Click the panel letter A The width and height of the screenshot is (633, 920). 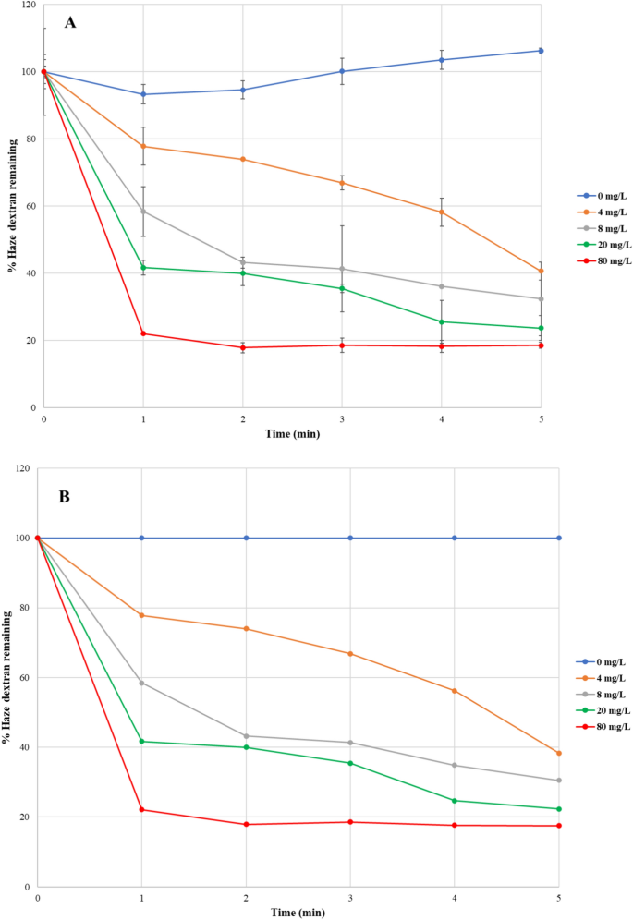pos(69,24)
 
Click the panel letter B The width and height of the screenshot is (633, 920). pos(65,496)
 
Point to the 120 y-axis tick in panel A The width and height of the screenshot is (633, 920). pos(29,5)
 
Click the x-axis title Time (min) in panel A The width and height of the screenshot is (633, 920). pos(292,432)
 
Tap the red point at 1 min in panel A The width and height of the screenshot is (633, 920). pos(142,333)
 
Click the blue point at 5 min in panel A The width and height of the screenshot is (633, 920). pos(541,51)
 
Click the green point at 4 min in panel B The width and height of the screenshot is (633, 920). pos(455,801)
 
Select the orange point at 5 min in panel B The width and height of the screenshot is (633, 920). pos(559,754)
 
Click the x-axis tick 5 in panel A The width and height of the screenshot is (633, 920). pos(541,418)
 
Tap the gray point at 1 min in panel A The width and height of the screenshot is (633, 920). pos(142,212)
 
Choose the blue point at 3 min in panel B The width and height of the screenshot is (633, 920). pos(350,538)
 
